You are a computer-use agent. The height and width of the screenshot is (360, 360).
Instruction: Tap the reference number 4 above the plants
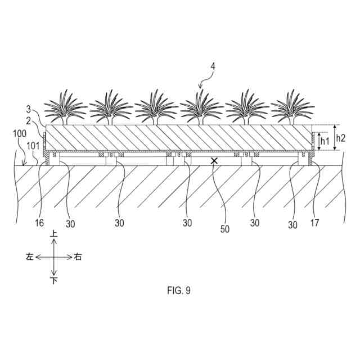(212, 65)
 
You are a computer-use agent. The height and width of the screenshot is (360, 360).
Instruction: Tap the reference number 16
(39, 223)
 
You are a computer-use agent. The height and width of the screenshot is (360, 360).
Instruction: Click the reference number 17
(314, 223)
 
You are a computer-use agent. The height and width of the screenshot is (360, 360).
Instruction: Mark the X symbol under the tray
(214, 161)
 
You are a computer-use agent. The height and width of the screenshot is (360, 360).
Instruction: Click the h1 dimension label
(325, 141)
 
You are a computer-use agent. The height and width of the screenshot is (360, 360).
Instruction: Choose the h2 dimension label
(341, 137)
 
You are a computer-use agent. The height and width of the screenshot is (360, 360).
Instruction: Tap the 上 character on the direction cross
(54, 233)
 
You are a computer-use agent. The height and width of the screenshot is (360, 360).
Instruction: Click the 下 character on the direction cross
(54, 280)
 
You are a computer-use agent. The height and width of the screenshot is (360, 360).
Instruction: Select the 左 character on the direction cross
(29, 256)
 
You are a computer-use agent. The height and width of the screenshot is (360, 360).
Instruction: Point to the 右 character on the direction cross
(78, 256)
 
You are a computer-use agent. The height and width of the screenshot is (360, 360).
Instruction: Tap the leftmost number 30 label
(70, 224)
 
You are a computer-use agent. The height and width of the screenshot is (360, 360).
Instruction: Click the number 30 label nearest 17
(292, 224)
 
